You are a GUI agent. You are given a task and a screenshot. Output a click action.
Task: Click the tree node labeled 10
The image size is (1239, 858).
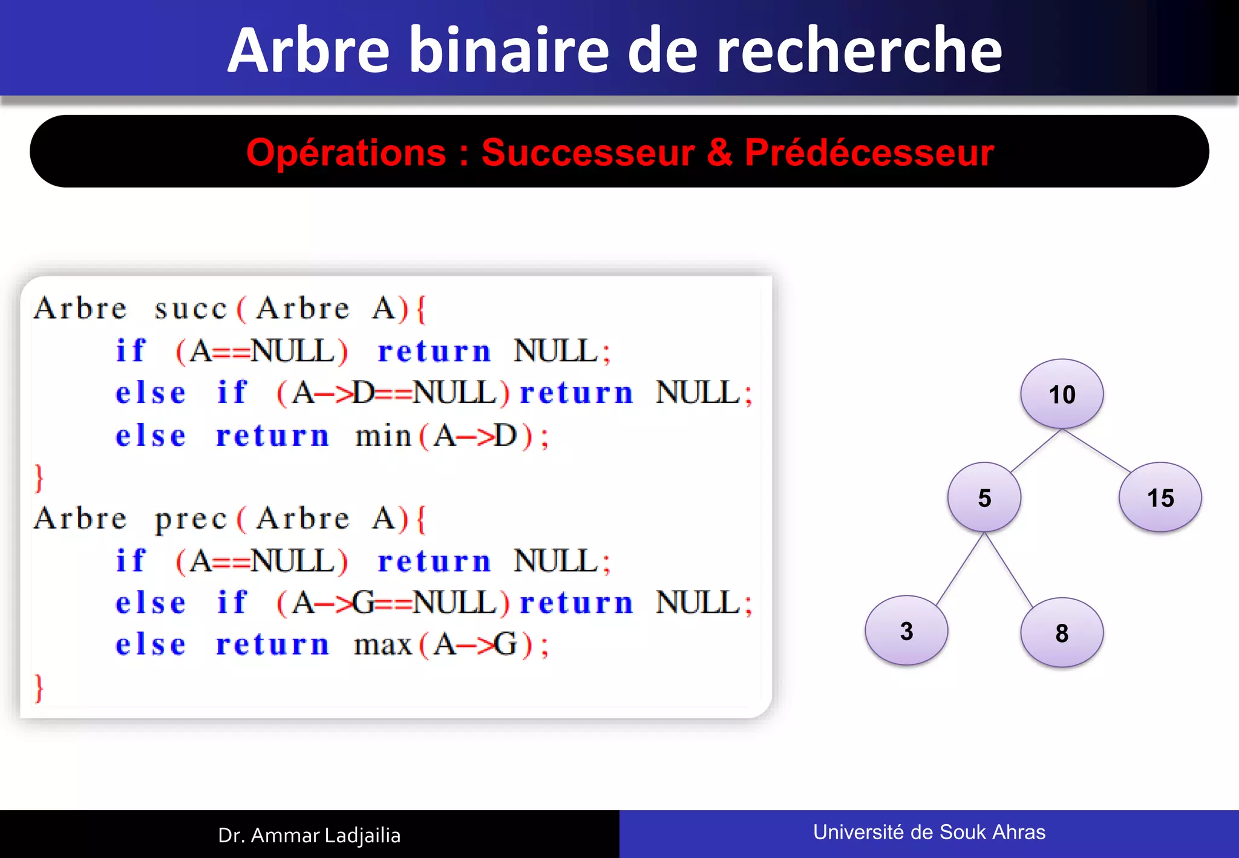coord(1062,394)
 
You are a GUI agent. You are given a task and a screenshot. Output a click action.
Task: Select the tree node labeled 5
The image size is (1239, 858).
coord(984,497)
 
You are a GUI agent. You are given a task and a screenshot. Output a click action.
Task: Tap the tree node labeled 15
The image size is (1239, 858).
coord(1160,497)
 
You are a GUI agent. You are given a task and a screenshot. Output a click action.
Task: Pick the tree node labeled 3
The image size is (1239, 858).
coord(906,630)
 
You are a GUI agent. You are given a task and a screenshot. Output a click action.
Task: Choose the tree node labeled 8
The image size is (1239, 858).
coord(1062,633)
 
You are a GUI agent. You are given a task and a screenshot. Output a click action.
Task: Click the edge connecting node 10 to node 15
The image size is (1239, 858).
coord(1096,451)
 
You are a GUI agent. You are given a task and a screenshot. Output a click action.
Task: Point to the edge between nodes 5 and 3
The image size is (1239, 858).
coord(961,569)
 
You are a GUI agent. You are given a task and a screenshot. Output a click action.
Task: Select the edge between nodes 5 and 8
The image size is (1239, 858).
coord(1009,569)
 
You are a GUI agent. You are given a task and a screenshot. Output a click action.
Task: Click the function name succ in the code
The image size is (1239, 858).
coord(190,309)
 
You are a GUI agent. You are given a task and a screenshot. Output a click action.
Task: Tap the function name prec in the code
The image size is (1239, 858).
coord(190,519)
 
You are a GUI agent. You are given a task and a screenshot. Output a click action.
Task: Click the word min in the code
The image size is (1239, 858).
coord(383,436)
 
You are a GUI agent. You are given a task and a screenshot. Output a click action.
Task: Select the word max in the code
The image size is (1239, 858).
coord(383,645)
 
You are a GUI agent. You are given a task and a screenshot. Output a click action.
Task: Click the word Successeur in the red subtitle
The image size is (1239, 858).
coord(587,152)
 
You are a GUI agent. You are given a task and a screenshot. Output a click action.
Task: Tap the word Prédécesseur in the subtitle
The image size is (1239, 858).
coord(869,152)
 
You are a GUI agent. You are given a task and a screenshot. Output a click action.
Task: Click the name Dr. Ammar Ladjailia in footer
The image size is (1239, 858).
coord(309,835)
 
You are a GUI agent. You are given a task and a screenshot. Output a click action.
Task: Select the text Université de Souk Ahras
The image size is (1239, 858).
coord(929,832)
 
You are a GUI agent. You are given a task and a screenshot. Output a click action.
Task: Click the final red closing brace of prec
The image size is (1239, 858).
coord(39,688)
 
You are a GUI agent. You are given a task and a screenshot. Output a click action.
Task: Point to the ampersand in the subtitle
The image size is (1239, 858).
coord(719,152)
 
